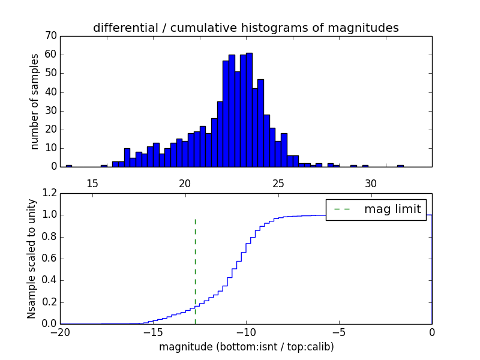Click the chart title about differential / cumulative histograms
pyautogui.click(x=245, y=28)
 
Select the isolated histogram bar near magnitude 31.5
pyautogui.click(x=400, y=166)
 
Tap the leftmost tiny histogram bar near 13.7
pyautogui.click(x=68, y=166)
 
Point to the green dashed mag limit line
pyautogui.click(x=195, y=270)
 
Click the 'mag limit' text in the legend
pyautogui.click(x=392, y=209)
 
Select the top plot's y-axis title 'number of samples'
pyautogui.click(x=35, y=101)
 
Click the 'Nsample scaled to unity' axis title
pyautogui.click(x=31, y=259)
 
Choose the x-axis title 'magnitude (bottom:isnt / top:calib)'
pyautogui.click(x=246, y=347)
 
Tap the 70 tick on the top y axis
pyautogui.click(x=50, y=36)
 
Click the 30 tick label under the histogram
pyautogui.click(x=371, y=183)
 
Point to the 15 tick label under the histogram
pyautogui.click(x=92, y=183)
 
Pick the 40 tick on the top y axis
pyautogui.click(x=50, y=92)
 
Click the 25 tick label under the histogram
pyautogui.click(x=278, y=183)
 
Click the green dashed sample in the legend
pyautogui.click(x=342, y=209)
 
